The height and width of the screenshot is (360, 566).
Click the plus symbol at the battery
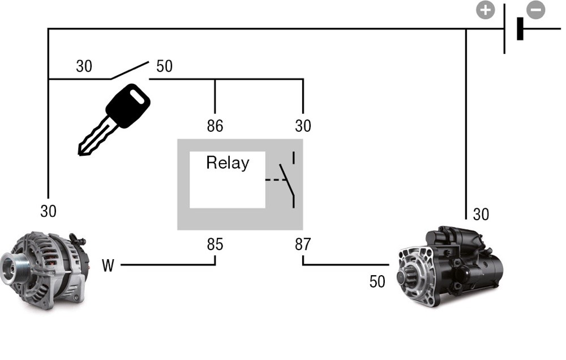[x=485, y=10]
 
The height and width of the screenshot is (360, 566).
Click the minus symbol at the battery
[x=535, y=10]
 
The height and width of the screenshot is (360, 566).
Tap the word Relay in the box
[x=228, y=163]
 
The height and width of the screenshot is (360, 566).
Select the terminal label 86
[x=215, y=126]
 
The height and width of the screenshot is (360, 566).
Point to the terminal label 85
[x=215, y=245]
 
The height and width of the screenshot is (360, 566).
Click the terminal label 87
[x=303, y=245]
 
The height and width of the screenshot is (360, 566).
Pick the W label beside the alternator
[x=108, y=265]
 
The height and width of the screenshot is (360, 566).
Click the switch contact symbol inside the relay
[x=288, y=180]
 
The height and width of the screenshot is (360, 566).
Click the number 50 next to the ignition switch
[x=164, y=66]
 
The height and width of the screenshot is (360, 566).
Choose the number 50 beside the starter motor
[x=377, y=281]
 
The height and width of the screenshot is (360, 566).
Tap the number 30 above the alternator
[x=49, y=211]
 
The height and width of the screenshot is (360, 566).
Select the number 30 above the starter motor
[x=481, y=215]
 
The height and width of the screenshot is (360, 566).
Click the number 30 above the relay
[x=303, y=126]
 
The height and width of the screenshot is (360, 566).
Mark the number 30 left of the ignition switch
[x=84, y=66]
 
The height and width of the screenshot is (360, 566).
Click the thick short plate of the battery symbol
[x=520, y=28]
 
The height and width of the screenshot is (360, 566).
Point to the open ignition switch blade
[x=130, y=70]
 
